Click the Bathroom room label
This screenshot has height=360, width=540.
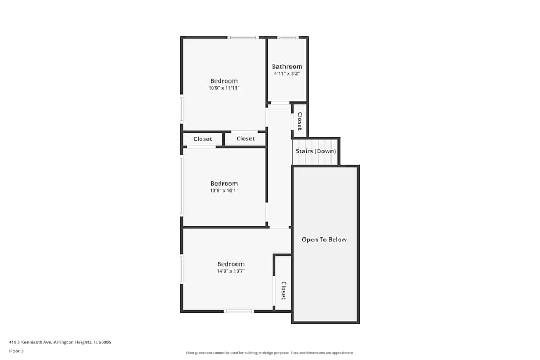click(x=287, y=66)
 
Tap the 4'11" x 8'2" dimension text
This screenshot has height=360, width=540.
click(x=287, y=73)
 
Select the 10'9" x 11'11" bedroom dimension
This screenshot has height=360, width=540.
click(x=224, y=88)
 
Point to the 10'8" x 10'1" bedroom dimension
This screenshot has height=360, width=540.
click(x=224, y=191)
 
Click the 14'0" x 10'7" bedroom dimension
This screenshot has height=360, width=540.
click(x=231, y=271)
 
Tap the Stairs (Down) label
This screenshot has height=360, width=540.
click(x=316, y=151)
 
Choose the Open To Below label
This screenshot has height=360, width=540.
click(x=324, y=240)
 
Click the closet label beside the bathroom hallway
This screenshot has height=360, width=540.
click(x=300, y=121)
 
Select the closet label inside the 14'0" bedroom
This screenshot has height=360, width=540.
click(x=283, y=290)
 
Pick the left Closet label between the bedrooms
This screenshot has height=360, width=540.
click(x=202, y=139)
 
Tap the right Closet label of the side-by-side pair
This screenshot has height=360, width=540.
click(x=246, y=139)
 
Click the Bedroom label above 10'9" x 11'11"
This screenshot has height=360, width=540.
click(x=224, y=81)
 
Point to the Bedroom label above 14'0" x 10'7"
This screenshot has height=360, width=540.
click(x=231, y=264)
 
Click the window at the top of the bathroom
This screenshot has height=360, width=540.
click(x=288, y=37)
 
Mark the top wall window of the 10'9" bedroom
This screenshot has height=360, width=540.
click(x=243, y=37)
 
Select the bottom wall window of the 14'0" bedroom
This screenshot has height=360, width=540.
click(x=239, y=311)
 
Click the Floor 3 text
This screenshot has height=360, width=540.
click(x=16, y=351)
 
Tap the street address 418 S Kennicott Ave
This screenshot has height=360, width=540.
click(x=30, y=342)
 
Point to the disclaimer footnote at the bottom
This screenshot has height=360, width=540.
click(x=269, y=353)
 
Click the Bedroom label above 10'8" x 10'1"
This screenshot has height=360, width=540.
click(x=224, y=184)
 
